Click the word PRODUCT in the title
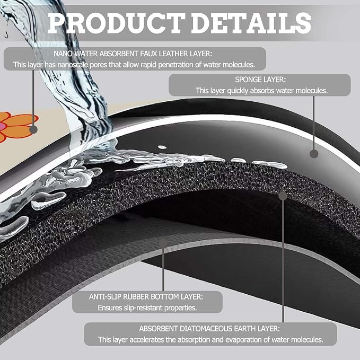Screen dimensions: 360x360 point(117,23)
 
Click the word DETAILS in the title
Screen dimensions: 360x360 point(251,23)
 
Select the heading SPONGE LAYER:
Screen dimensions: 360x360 point(260,80)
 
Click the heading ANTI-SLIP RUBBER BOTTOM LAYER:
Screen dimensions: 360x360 point(146,296)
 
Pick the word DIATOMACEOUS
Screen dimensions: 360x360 point(206,329)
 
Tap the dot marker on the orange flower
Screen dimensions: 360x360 point(33,129)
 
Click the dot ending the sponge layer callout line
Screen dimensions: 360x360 point(314,154)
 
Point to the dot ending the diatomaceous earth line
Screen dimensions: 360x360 point(283,196)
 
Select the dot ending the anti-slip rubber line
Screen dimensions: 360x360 point(163,243)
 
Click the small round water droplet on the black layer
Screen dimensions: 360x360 point(162,147)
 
